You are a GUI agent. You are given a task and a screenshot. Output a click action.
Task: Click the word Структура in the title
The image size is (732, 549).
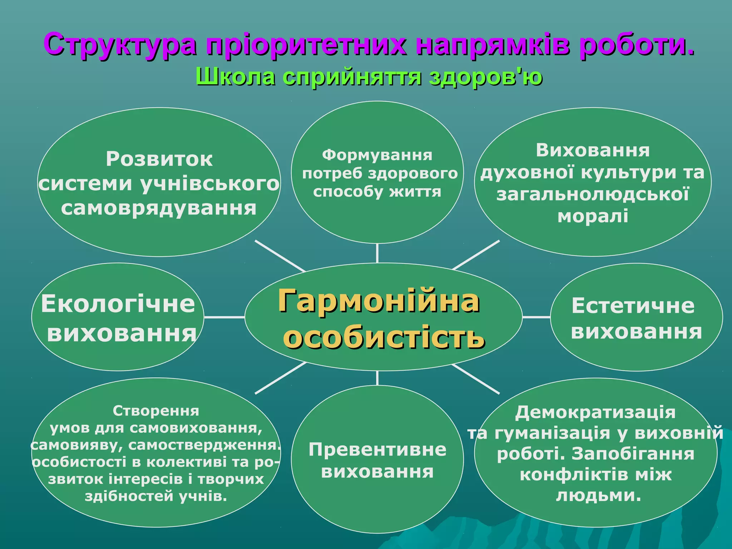[120, 45]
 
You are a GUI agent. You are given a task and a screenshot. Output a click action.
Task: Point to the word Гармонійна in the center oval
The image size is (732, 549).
[379, 301]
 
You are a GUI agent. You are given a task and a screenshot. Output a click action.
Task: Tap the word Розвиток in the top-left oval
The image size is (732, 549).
[159, 159]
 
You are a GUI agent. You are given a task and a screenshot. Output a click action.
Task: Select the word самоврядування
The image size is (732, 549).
[159, 208]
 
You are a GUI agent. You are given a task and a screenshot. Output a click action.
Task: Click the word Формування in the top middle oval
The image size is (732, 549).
[377, 155]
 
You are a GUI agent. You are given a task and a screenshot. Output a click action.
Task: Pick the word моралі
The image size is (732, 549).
[593, 216]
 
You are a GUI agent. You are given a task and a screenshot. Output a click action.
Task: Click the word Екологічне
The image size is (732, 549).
[118, 304]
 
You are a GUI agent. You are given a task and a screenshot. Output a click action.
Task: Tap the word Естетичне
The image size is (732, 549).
[633, 306]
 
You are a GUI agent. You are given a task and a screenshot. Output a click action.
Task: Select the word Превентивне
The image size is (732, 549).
[377, 450]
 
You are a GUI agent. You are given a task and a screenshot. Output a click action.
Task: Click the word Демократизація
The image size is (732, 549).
[595, 412]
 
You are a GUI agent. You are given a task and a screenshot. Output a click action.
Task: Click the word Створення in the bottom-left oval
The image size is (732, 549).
[156, 411]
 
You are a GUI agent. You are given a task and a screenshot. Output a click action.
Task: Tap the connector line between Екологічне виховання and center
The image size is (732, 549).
[224, 317]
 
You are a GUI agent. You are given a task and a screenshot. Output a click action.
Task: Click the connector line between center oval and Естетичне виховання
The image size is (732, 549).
[536, 317]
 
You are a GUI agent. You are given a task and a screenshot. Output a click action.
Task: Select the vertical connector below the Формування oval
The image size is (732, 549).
[377, 253]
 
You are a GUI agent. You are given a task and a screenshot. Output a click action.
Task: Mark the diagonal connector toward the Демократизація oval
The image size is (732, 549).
[475, 379]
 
